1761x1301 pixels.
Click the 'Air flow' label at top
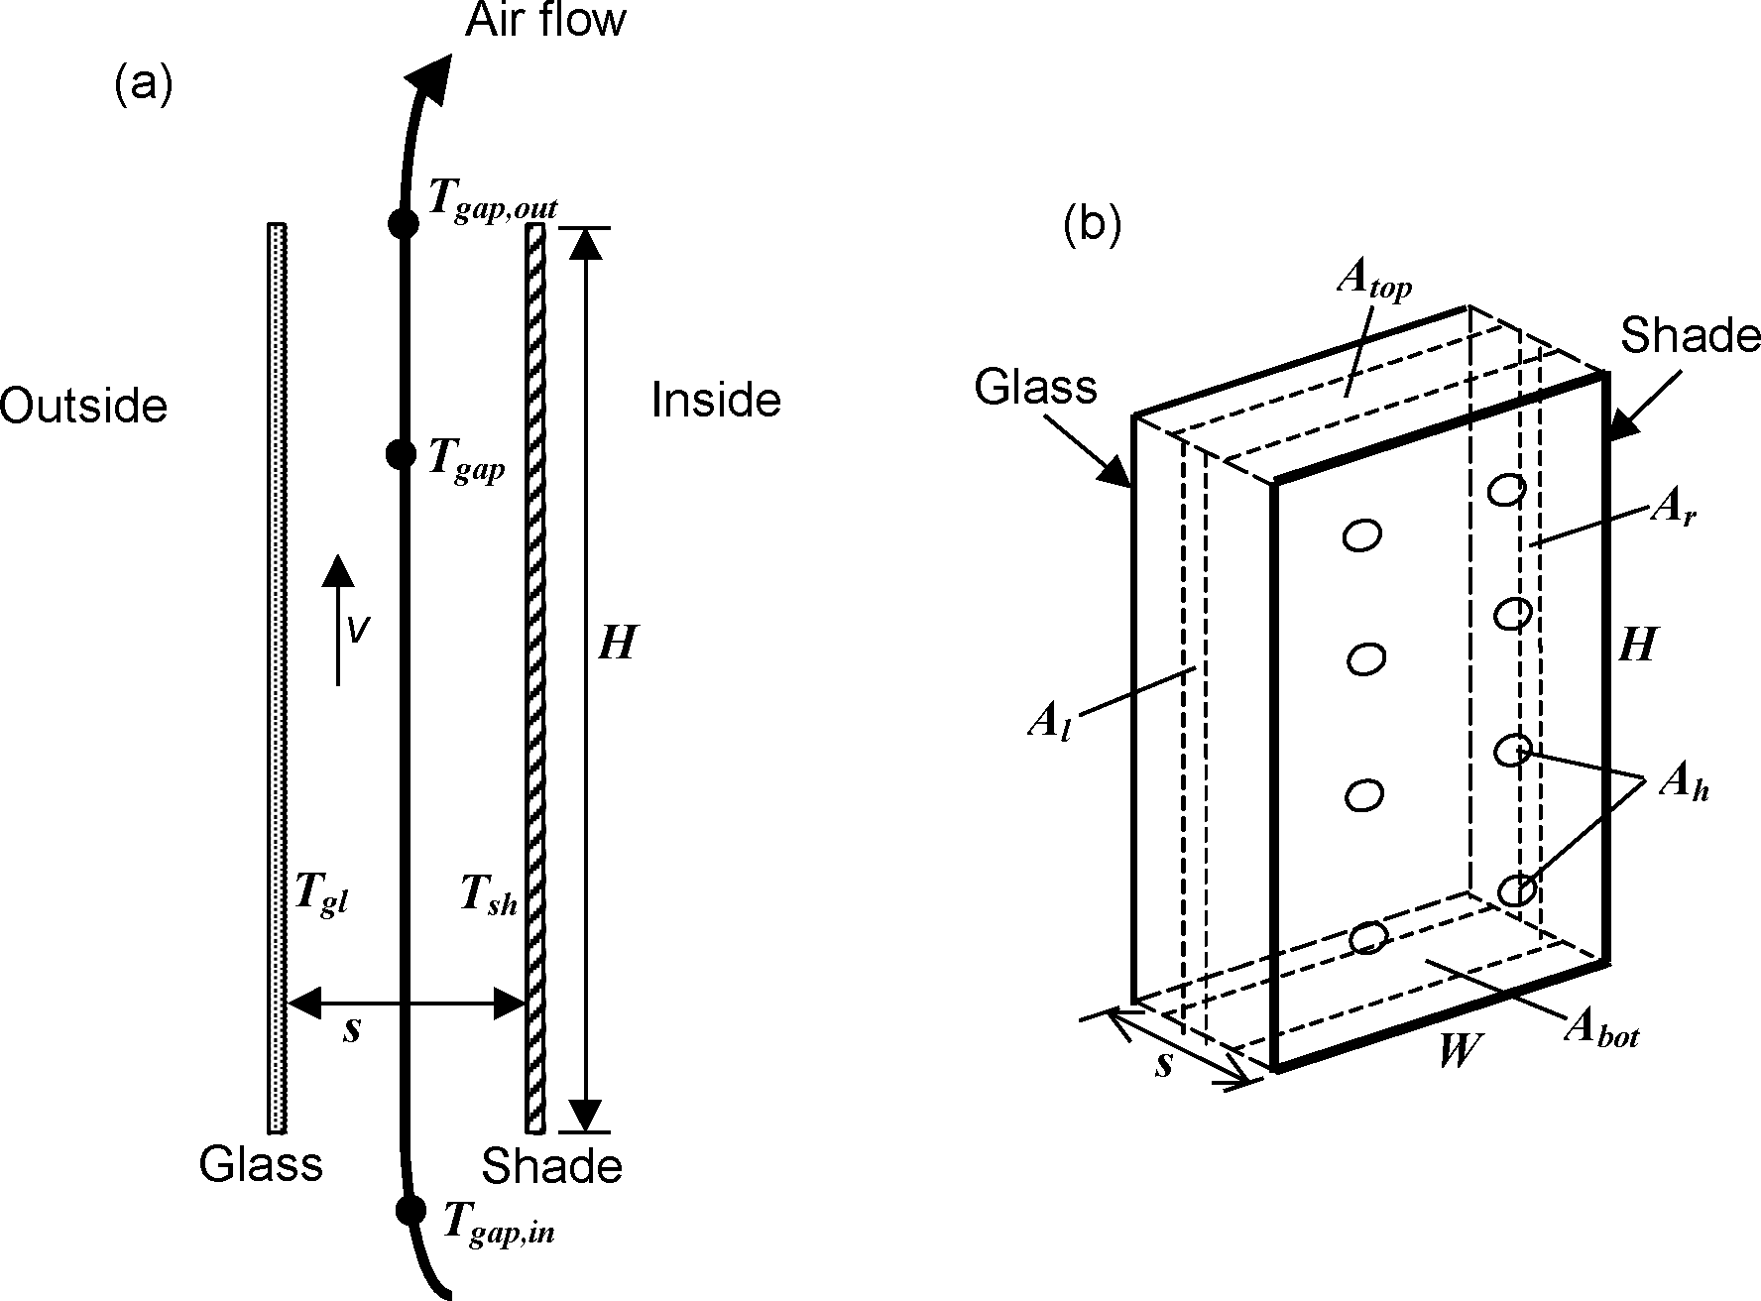[x=545, y=21]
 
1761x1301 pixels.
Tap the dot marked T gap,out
[x=403, y=223]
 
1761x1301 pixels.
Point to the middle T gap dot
[x=401, y=454]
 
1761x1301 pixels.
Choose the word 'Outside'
[x=83, y=406]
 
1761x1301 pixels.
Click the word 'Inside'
[x=716, y=401]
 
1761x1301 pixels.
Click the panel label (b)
[x=1092, y=226]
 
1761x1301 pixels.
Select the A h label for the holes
[x=1683, y=788]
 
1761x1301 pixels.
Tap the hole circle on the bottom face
[x=1368, y=936]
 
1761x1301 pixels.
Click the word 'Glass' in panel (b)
[x=1035, y=387]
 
